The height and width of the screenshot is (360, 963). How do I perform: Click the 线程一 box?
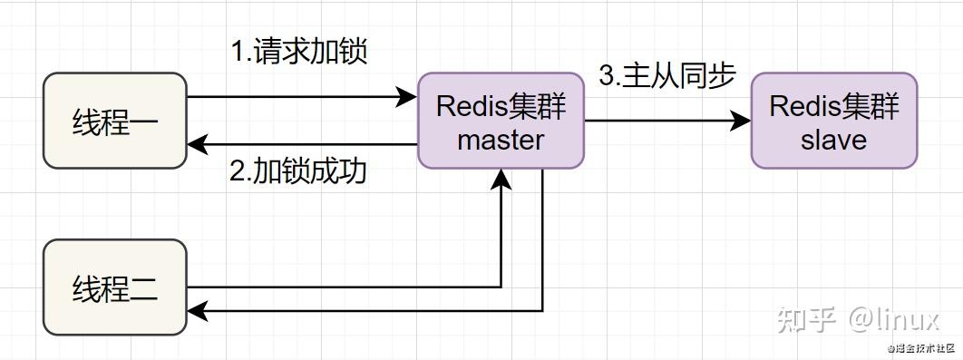115,121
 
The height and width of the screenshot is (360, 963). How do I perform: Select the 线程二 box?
115,287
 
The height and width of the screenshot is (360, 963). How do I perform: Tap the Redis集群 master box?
501,121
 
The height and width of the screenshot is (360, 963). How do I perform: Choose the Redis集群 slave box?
833,121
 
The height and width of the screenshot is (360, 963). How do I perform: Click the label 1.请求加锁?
298,52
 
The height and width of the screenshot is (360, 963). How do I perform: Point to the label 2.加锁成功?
298,170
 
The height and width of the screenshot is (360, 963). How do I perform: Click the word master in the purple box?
501,140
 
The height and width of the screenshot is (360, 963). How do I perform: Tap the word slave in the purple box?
833,140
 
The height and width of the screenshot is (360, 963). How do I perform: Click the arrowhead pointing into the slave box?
741,121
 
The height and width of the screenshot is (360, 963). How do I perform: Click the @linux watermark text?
892,319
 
